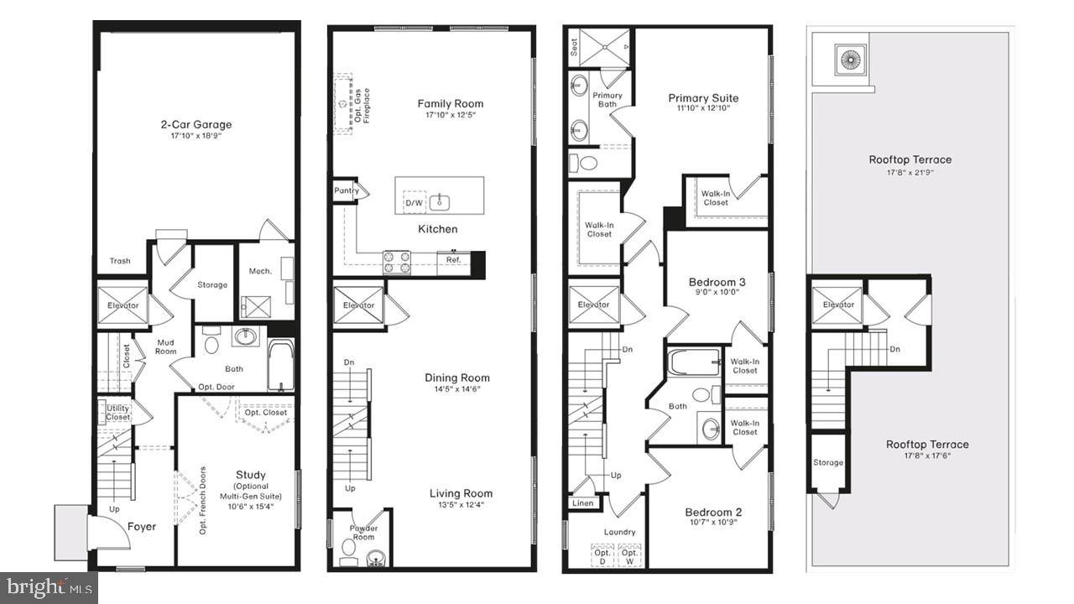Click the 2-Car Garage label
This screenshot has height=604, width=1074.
[196, 125]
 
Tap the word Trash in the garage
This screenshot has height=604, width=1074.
[120, 261]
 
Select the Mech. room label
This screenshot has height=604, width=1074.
[259, 271]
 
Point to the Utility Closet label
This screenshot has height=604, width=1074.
[117, 412]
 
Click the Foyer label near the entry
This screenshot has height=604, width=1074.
[141, 527]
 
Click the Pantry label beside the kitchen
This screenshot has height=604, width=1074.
[347, 190]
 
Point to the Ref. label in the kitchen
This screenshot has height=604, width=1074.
[453, 260]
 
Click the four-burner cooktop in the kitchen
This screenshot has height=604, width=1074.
[397, 263]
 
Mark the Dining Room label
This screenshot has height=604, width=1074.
[456, 377]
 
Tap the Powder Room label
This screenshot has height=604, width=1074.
[363, 533]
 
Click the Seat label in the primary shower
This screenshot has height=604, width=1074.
[574, 49]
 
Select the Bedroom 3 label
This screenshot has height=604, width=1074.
[717, 282]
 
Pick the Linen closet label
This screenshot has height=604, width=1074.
[582, 503]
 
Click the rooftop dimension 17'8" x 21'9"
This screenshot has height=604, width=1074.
[910, 173]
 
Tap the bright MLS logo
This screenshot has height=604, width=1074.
[49, 586]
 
